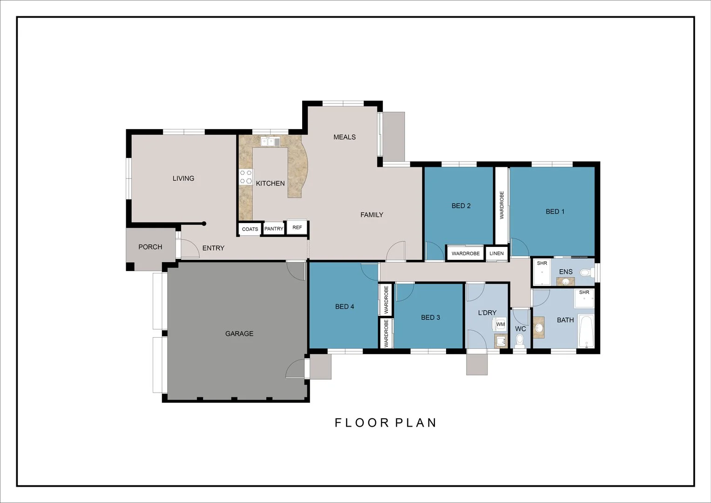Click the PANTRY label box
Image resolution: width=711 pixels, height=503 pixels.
tap(274, 229)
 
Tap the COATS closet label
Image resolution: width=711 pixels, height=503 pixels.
tap(250, 229)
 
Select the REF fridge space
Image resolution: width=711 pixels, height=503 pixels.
tap(297, 227)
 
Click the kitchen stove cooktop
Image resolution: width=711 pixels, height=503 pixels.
tap(246, 177)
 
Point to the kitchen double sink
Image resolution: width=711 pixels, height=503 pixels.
tap(271, 142)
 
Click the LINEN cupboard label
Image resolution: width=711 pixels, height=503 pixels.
tap(496, 253)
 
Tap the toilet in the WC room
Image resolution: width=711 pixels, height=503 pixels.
tap(520, 341)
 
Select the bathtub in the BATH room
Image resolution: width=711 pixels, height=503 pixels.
tap(586, 332)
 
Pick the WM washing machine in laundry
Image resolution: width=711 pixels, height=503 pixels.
tap(500, 324)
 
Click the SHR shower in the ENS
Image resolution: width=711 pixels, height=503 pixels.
tap(542, 272)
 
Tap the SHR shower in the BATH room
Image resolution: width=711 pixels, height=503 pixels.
tap(584, 298)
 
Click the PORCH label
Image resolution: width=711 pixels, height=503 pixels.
tap(150, 247)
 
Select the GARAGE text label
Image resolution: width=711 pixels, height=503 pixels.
tap(239, 333)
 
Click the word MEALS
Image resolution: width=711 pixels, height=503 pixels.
tap(345, 137)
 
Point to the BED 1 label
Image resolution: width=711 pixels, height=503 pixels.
tap(555, 211)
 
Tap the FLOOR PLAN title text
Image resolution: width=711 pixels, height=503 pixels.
tap(386, 422)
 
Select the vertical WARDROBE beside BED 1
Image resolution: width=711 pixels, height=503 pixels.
tap(501, 205)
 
